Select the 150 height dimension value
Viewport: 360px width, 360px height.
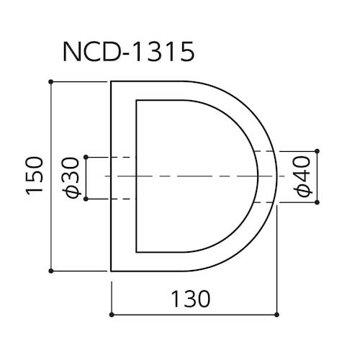coord(35,176)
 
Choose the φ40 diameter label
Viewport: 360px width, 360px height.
coord(302,177)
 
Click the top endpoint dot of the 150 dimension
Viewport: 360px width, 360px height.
coord(50,82)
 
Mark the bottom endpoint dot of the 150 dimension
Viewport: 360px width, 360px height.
coord(50,271)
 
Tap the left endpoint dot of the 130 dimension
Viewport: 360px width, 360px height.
coord(111,315)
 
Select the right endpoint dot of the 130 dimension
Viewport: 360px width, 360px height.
coord(277,315)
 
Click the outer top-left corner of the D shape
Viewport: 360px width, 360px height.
coord(112,83)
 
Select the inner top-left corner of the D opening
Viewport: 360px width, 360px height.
coord(137,101)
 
